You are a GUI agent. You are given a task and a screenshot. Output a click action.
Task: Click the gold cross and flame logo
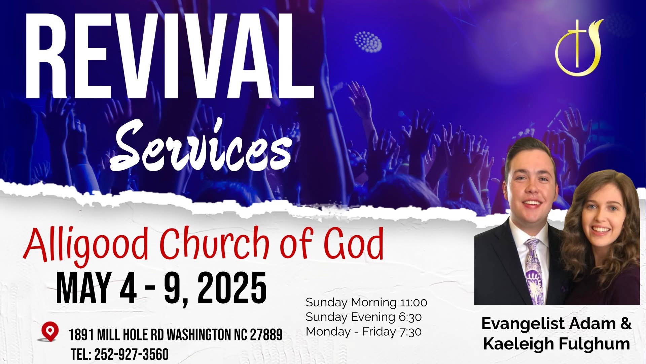(x=578, y=48)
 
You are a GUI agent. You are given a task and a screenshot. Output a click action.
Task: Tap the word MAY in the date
(x=84, y=289)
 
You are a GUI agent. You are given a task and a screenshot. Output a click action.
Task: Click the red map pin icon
(x=50, y=332)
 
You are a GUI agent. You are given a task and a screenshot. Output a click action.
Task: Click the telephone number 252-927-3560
(x=131, y=355)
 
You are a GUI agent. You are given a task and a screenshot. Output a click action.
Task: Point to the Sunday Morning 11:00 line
(x=366, y=302)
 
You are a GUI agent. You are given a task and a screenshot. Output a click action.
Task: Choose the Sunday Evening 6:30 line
(x=364, y=317)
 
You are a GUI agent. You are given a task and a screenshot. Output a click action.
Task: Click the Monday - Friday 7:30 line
(x=364, y=332)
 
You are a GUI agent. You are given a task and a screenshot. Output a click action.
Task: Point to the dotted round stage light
(x=368, y=42)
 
